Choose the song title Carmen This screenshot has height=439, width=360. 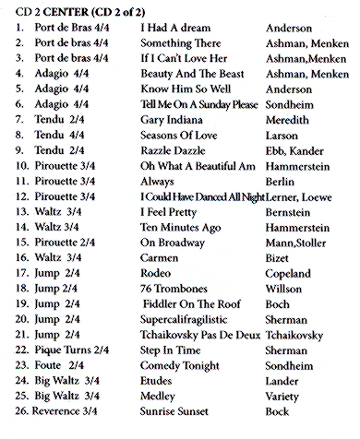160,273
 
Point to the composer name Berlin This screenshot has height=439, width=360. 280,196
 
